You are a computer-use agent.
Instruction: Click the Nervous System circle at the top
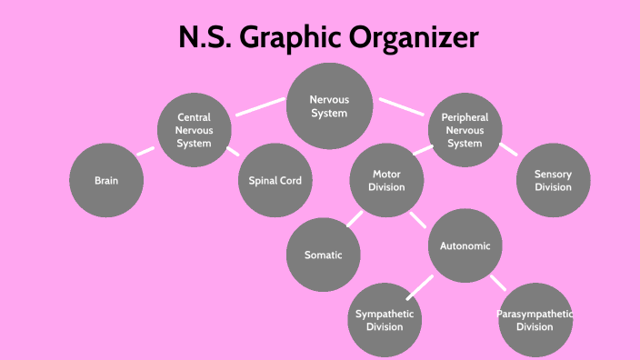(329, 107)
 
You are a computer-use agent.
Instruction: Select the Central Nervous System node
(194, 130)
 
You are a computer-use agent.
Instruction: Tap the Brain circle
(106, 180)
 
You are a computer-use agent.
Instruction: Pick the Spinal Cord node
(275, 180)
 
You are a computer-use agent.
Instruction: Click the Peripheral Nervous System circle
(465, 130)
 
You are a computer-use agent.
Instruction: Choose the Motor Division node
(387, 180)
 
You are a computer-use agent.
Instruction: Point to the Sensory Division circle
(553, 180)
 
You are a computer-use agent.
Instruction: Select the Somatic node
(324, 255)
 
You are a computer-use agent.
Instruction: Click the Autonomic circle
(465, 246)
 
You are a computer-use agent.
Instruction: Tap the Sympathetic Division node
(385, 320)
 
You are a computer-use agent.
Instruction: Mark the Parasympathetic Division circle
(535, 320)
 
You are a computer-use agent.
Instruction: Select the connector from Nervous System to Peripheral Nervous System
(402, 106)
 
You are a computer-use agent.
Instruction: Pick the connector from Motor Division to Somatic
(354, 218)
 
